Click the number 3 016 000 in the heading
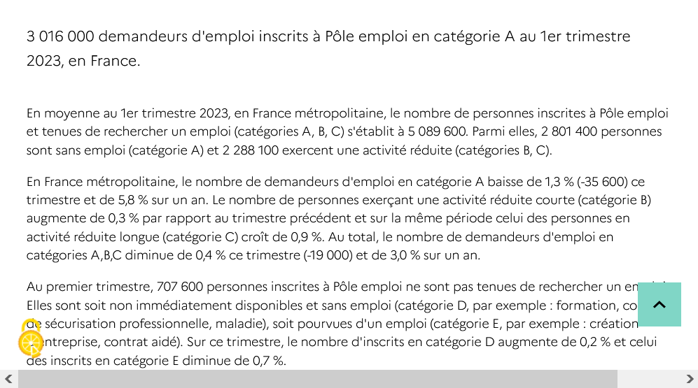(x=60, y=36)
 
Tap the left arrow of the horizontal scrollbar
(x=8, y=379)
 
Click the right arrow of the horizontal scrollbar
(x=689, y=379)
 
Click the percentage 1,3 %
(x=557, y=182)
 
